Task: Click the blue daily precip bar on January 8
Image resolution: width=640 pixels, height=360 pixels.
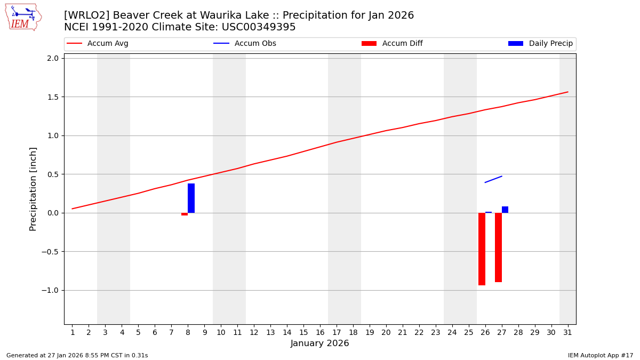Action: tap(191, 198)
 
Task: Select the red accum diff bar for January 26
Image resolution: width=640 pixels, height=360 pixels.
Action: tap(482, 249)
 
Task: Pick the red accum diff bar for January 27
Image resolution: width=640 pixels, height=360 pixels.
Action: tap(498, 247)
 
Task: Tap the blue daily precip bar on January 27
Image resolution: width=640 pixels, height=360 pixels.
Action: tap(505, 210)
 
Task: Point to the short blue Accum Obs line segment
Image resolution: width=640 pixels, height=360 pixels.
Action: tap(493, 179)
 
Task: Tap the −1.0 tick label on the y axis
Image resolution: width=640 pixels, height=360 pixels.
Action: tap(51, 290)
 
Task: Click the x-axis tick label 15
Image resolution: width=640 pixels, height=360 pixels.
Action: tap(303, 333)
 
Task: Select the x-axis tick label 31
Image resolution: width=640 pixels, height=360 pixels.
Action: tap(567, 333)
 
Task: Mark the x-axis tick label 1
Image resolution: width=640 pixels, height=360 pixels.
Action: tap(73, 333)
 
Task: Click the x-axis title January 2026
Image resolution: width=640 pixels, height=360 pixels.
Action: tap(319, 343)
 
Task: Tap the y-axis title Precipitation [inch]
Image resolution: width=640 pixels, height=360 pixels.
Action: tap(33, 189)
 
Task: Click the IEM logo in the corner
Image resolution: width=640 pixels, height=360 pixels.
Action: tap(23, 17)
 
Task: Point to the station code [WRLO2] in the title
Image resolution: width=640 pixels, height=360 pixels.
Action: tap(87, 15)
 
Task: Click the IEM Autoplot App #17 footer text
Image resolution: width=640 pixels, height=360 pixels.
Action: tap(601, 355)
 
